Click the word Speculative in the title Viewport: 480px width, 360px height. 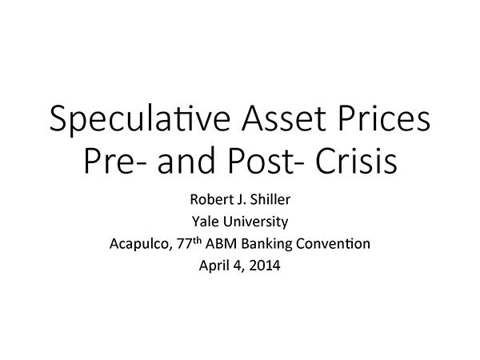click(x=139, y=119)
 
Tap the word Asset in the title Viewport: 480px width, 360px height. click(x=284, y=118)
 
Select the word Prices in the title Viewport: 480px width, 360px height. click(x=385, y=118)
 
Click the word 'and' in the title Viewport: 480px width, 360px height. click(x=186, y=160)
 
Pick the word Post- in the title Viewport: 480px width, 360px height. click(x=266, y=161)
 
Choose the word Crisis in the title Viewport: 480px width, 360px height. click(x=356, y=161)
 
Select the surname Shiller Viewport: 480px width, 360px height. click(x=270, y=199)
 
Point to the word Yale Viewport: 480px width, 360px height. click(x=205, y=222)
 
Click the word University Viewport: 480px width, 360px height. click(x=255, y=222)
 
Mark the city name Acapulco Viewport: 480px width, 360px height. click(x=139, y=244)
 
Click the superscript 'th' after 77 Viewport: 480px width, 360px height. click(x=197, y=241)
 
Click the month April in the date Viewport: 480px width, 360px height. click(x=214, y=266)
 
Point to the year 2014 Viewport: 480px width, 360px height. click(x=265, y=266)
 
